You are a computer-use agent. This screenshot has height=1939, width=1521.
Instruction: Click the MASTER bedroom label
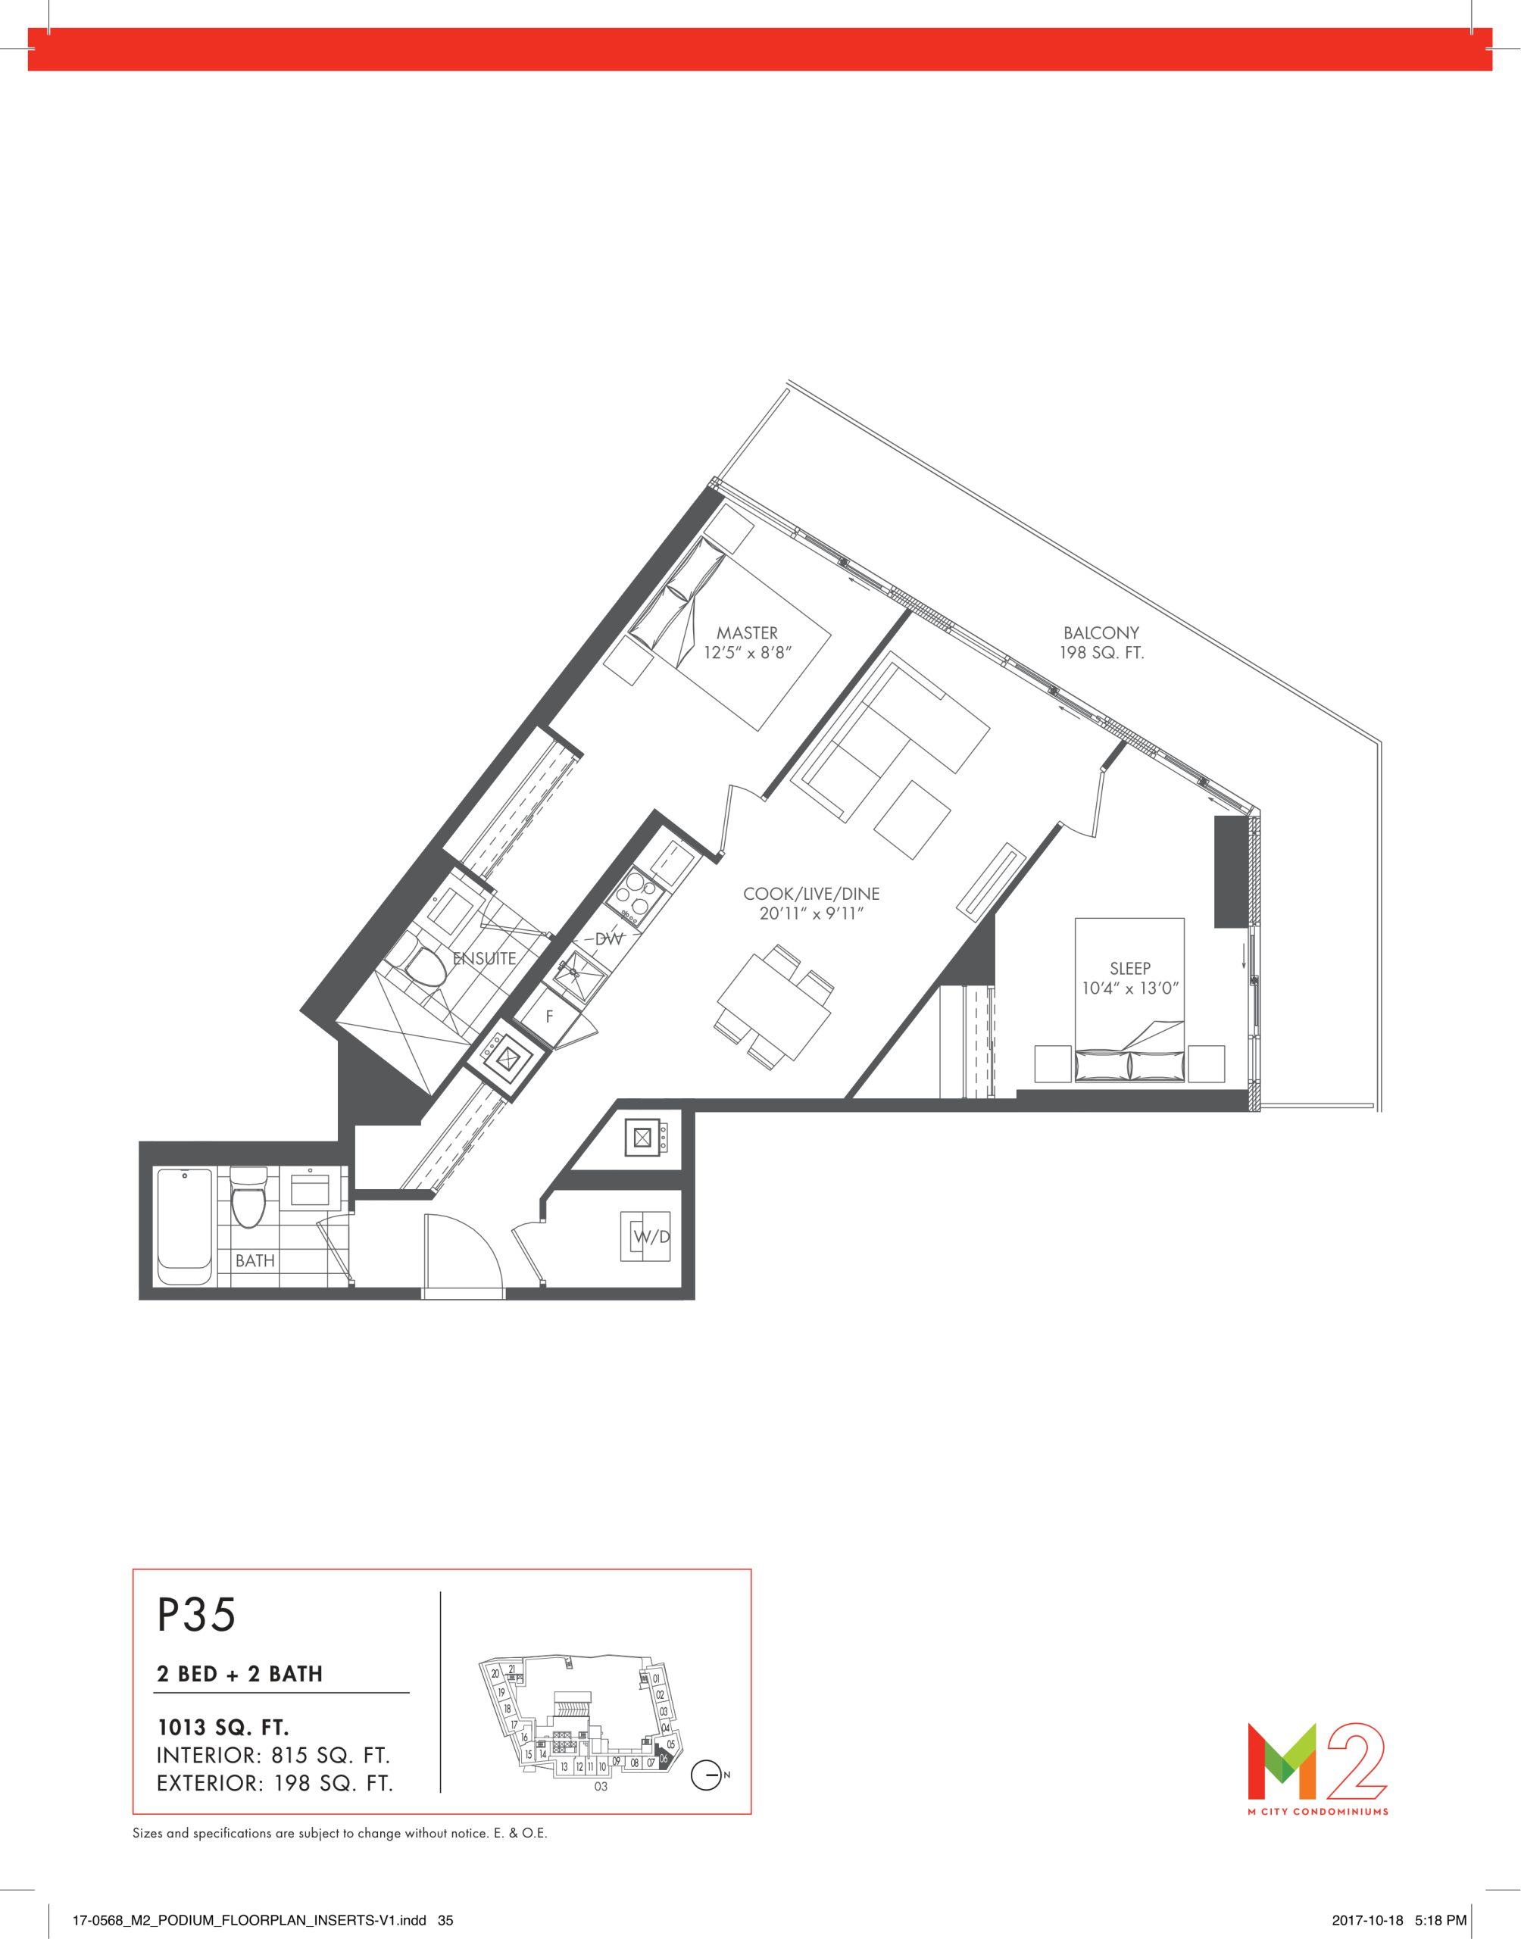[x=747, y=633]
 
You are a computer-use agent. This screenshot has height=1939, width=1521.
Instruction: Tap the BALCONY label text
[x=1101, y=633]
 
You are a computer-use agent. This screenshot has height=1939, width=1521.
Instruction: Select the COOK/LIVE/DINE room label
[x=811, y=894]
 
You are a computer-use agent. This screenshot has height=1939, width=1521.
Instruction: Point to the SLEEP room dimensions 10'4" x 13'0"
[x=1130, y=988]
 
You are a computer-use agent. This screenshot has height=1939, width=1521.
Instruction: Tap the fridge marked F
[x=548, y=1016]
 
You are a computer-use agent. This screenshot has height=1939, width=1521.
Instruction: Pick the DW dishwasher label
[x=608, y=938]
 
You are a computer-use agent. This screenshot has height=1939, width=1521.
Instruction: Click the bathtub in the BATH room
[x=184, y=1227]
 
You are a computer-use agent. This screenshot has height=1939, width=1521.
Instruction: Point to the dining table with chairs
[x=774, y=1006]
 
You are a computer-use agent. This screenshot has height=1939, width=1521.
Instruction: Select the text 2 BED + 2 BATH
[x=239, y=1674]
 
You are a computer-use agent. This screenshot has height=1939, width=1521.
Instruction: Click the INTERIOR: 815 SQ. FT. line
[x=273, y=1756]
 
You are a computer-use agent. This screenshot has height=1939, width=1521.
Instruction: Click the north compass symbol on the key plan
[x=706, y=1775]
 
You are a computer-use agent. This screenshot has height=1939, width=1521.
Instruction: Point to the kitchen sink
[x=578, y=971]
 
